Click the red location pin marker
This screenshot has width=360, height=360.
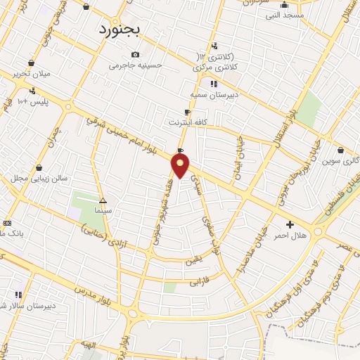(x=181, y=166)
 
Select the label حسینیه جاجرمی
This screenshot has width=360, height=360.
(x=136, y=65)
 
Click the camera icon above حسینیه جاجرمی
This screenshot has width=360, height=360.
(x=135, y=55)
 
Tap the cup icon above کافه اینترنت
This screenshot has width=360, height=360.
(x=187, y=112)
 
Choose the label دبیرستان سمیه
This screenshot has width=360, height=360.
(x=212, y=94)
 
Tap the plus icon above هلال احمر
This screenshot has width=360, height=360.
(x=290, y=224)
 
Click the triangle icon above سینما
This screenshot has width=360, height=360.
(x=103, y=200)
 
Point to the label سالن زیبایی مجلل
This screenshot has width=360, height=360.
(x=39, y=179)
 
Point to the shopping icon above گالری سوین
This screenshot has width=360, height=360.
(x=340, y=150)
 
